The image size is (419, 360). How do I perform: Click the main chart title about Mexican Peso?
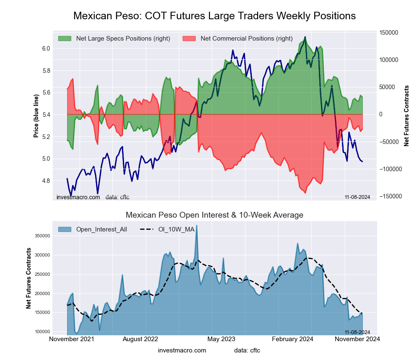click(215, 16)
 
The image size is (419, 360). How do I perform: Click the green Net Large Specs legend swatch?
click(65, 39)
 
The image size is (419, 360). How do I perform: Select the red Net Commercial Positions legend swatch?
click(189, 39)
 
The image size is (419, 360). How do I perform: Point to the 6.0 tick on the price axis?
click(46, 49)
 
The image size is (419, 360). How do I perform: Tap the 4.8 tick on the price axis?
click(46, 181)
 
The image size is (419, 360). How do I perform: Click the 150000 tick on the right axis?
click(388, 33)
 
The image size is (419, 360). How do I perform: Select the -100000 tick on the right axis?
click(389, 169)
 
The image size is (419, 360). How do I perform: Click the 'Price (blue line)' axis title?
click(36, 116)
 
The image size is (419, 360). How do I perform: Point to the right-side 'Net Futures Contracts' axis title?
click(406, 116)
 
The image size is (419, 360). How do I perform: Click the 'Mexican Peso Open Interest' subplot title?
click(215, 215)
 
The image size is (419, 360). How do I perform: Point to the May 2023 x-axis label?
click(221, 339)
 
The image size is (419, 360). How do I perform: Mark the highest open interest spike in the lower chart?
click(197, 226)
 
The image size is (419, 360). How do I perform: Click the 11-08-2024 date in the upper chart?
click(357, 197)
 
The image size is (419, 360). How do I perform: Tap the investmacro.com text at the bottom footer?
click(182, 350)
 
